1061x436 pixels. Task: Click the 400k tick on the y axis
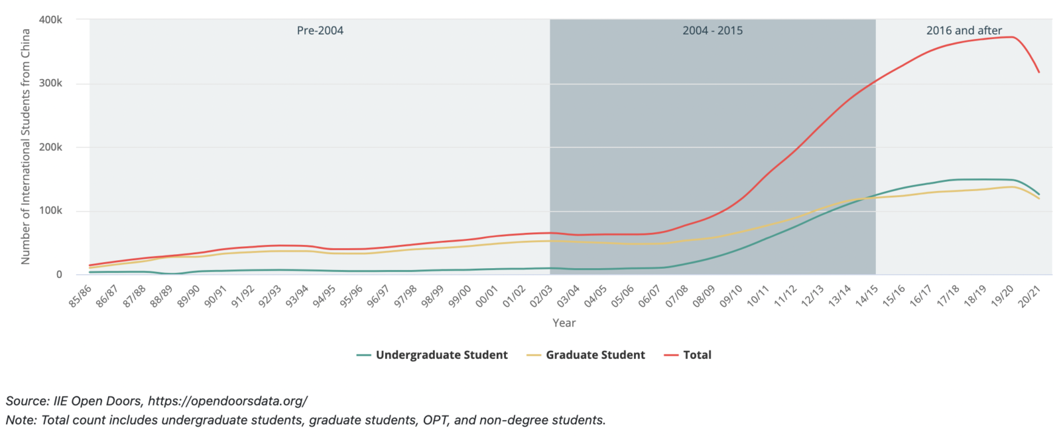pos(50,20)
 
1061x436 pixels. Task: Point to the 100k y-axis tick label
pos(50,210)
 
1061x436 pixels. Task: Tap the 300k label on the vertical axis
pos(50,84)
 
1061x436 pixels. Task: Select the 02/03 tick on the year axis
pos(541,295)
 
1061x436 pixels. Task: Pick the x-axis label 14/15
pos(866,295)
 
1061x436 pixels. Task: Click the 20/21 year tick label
pos(1029,295)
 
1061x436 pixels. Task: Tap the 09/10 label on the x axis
pos(731,295)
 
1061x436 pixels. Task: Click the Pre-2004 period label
pos(320,31)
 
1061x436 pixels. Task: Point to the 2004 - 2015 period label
pos(712,31)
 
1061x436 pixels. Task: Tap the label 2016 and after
pos(964,31)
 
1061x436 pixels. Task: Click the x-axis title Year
pos(564,323)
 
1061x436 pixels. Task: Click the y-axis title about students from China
pos(26,147)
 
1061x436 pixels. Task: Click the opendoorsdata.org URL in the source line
pos(227,401)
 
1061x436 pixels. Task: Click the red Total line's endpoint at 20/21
pos(1039,72)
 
